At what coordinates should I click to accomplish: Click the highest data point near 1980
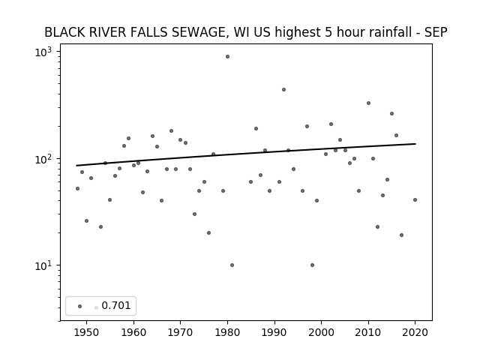pos(227,57)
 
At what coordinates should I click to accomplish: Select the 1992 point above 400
pos(283,90)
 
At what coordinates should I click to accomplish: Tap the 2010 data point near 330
pos(368,103)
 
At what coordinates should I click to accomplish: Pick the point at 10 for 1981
pos(232,265)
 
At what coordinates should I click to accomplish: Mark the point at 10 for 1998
pos(312,265)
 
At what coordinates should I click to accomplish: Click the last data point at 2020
pos(415,200)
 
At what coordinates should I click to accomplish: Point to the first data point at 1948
pos(77,188)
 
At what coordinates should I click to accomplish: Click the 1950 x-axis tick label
pos(87,332)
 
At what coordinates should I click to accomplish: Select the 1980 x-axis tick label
pos(227,332)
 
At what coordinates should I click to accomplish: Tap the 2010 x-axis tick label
pos(368,332)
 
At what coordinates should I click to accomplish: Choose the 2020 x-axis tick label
pos(415,332)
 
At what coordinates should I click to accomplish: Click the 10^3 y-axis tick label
pos(43,52)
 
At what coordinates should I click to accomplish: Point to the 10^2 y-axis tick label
pos(43,159)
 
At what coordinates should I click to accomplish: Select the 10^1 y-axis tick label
pos(43,265)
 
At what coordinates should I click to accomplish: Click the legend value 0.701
pos(116,305)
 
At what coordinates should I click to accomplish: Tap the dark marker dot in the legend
pos(80,306)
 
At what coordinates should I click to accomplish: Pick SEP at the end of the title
pos(436,32)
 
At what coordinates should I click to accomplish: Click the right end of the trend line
pos(415,143)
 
